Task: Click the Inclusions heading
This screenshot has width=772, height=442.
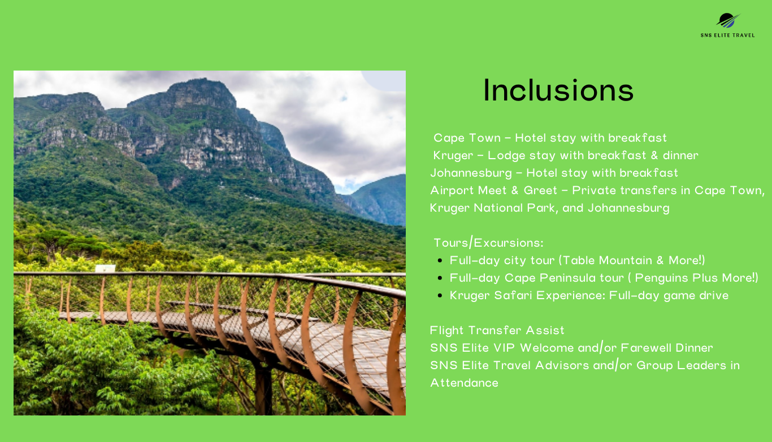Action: (558, 90)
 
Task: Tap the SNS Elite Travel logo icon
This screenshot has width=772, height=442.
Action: (728, 20)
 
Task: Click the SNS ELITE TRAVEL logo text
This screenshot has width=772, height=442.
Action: (727, 35)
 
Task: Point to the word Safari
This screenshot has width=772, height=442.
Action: (513, 295)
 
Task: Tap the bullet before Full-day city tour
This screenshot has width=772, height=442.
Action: (440, 261)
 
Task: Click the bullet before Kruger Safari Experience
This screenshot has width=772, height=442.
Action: (440, 296)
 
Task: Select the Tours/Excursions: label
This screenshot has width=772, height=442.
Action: (488, 243)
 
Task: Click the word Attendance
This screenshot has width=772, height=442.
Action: (464, 383)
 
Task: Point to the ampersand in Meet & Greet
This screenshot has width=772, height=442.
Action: (515, 190)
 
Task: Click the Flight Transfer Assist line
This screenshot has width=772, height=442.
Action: (497, 330)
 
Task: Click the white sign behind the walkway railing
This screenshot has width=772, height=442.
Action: (105, 268)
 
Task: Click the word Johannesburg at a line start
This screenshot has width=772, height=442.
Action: (471, 173)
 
